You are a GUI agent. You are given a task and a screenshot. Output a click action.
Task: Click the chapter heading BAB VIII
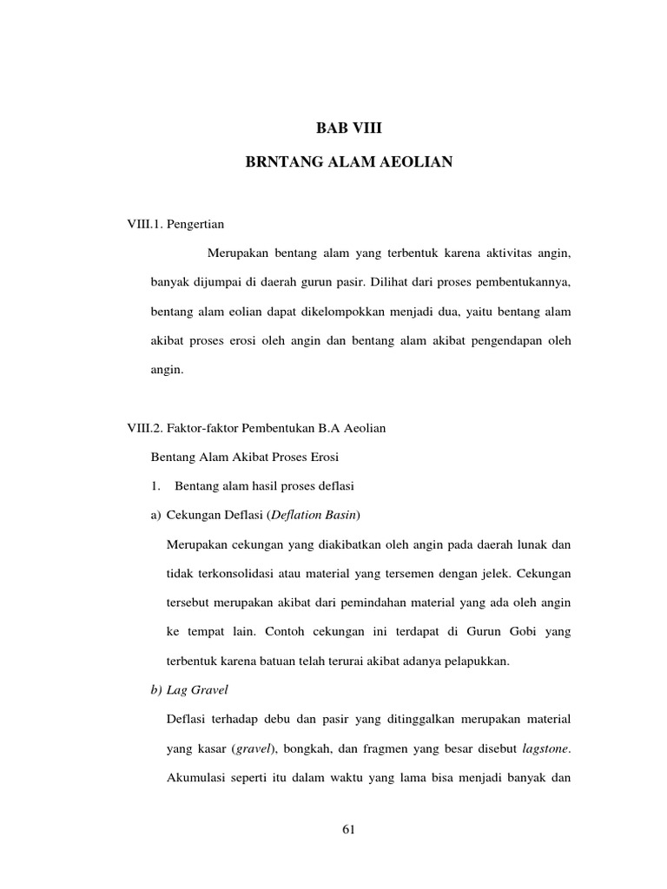click(349, 128)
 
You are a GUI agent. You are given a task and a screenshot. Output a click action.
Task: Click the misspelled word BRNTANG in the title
click(282, 161)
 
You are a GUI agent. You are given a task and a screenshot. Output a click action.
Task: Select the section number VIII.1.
click(146, 224)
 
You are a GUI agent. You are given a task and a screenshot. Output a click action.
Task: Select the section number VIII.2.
click(146, 428)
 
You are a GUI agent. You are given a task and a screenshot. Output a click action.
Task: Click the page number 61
click(349, 829)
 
